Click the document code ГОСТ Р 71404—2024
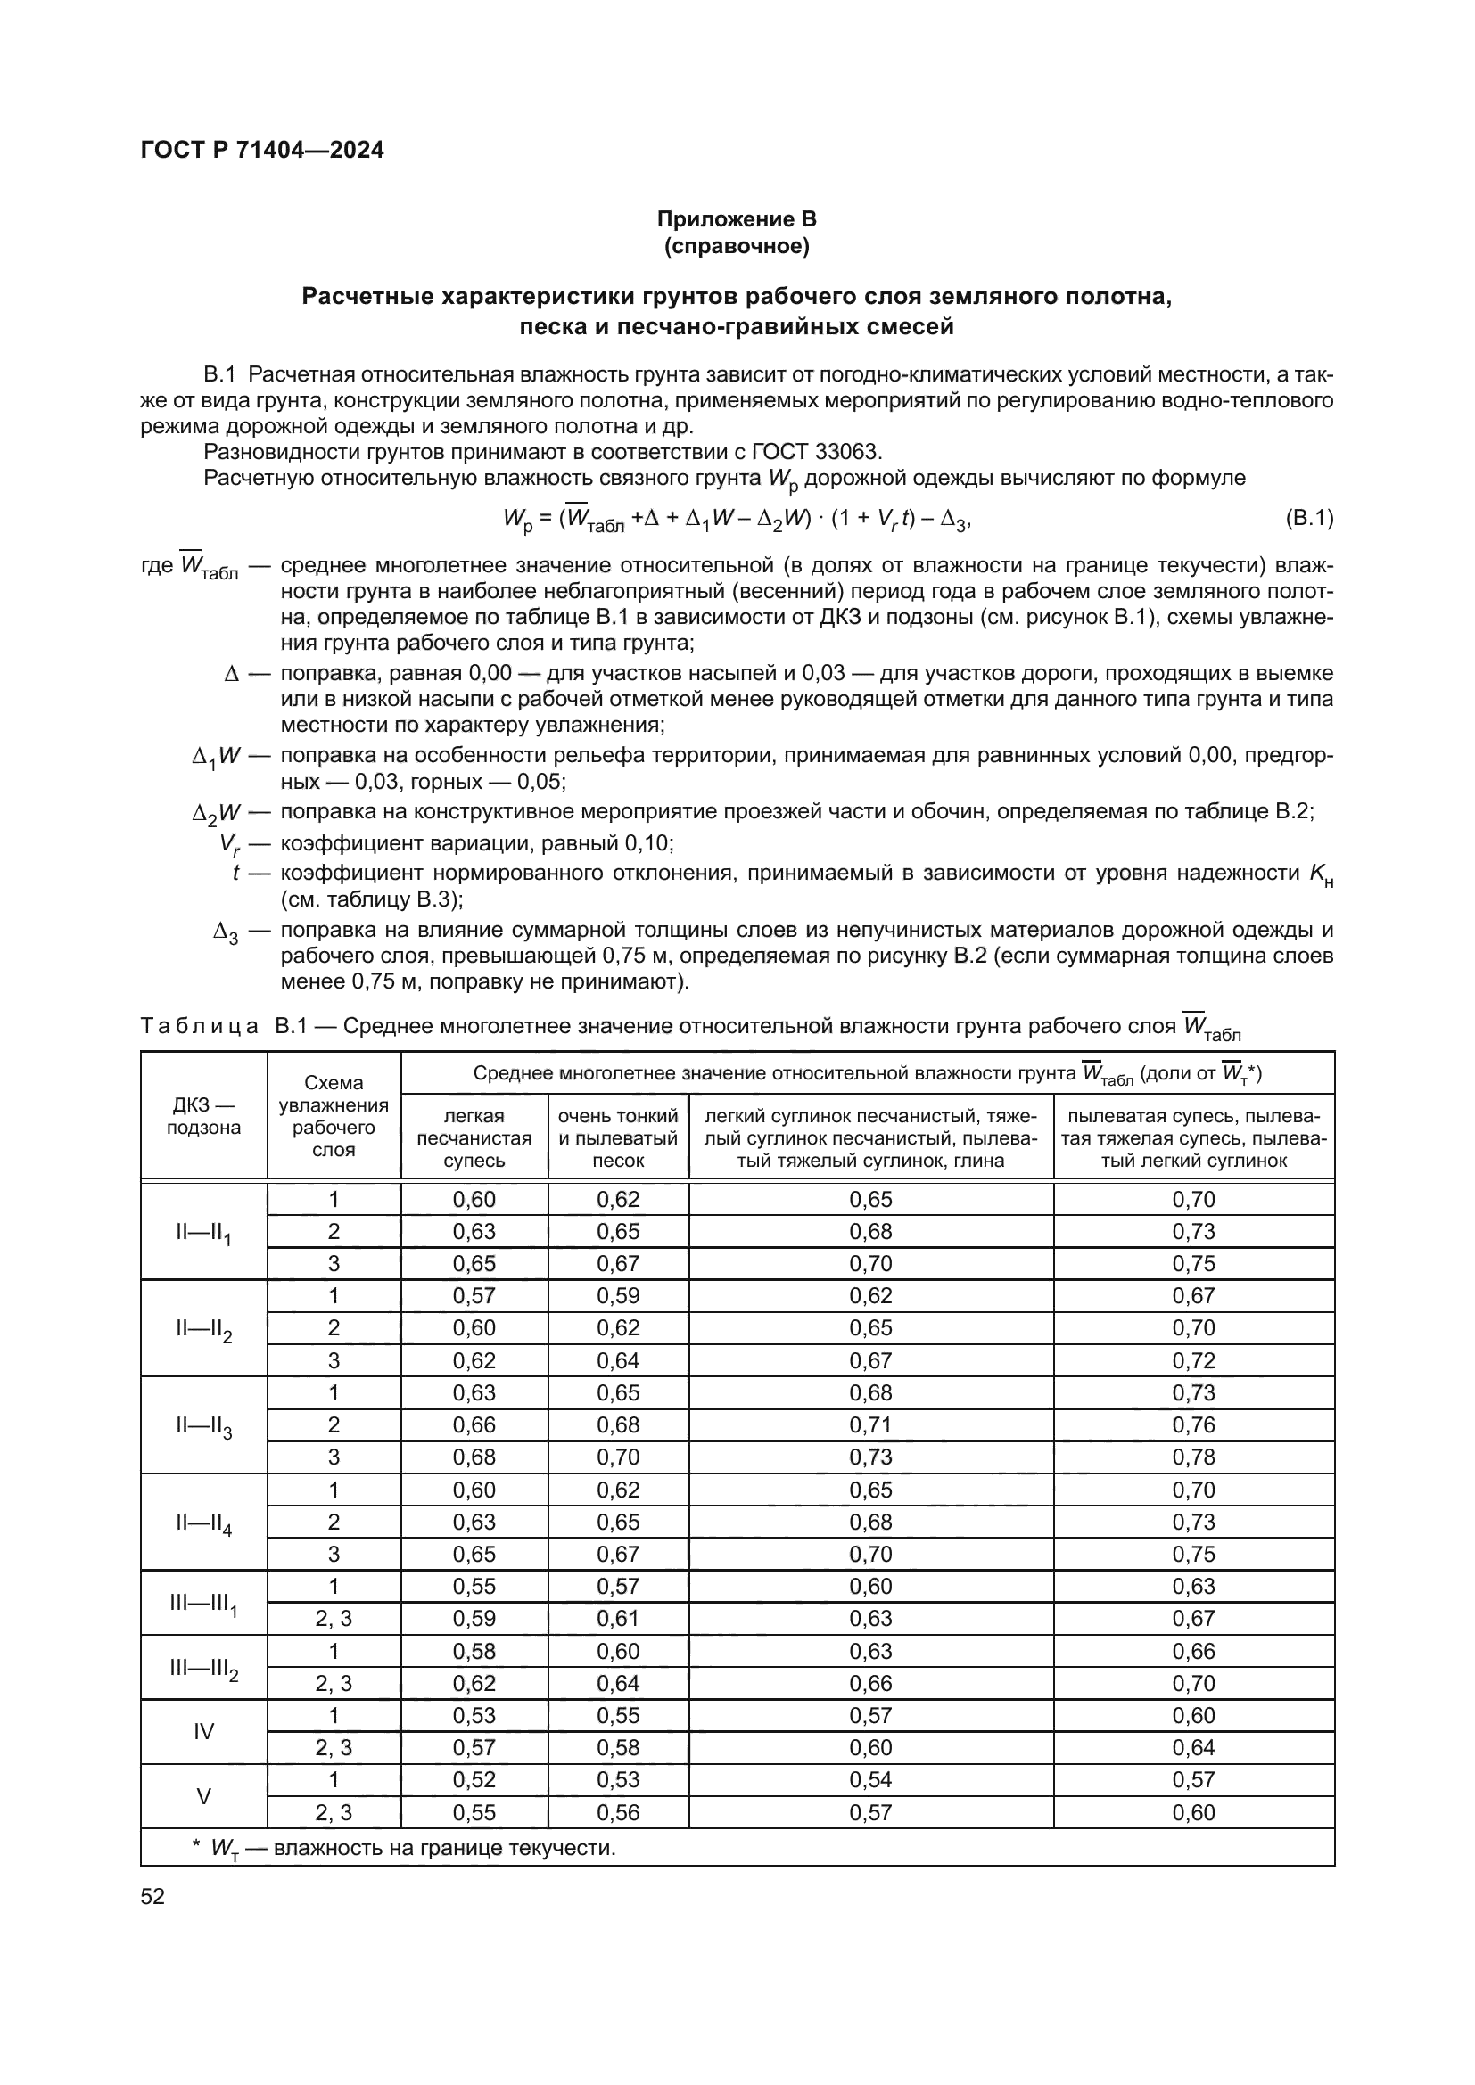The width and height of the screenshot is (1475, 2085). click(x=261, y=150)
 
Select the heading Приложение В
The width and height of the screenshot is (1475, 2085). click(x=737, y=219)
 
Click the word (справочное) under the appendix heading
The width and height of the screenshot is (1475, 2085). click(x=737, y=246)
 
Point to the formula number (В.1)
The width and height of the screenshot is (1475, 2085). click(x=1309, y=519)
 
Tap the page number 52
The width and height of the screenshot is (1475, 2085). click(x=152, y=1896)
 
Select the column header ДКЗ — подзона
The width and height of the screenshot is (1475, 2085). click(x=203, y=1116)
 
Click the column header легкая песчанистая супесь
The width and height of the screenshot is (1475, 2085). click(x=474, y=1137)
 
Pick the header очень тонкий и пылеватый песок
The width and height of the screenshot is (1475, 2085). click(x=618, y=1137)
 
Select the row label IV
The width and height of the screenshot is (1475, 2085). click(x=203, y=1731)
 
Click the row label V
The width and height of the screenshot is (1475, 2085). click(x=203, y=1796)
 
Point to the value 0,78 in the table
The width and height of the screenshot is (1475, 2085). click(x=1192, y=1457)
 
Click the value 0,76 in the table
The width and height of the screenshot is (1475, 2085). click(x=1192, y=1424)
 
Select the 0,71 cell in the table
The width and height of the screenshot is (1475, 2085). click(x=870, y=1424)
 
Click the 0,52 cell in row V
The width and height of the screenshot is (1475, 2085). click(x=474, y=1780)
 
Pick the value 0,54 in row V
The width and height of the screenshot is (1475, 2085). click(x=870, y=1780)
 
